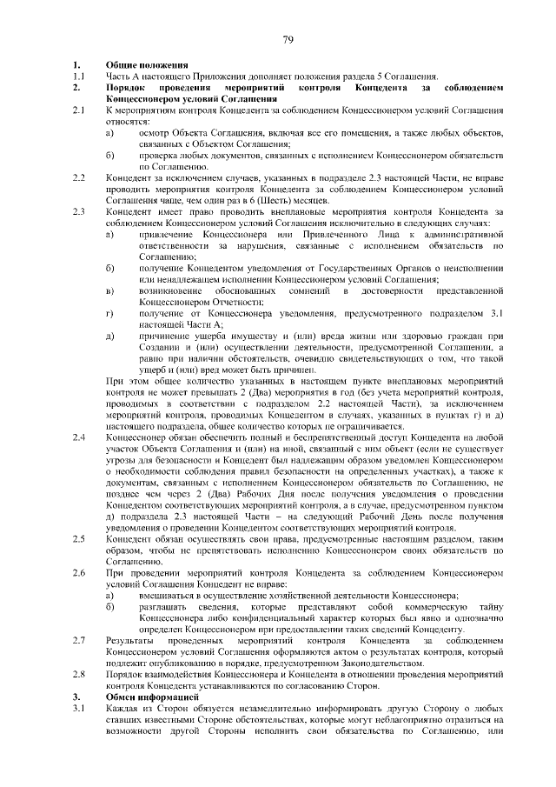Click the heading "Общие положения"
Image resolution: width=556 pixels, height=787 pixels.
click(147, 65)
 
